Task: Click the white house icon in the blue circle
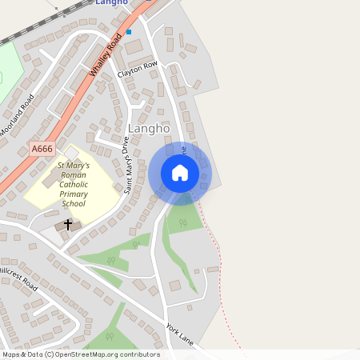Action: [x=179, y=173]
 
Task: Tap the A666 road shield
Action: [x=42, y=149]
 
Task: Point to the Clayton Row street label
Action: [x=138, y=69]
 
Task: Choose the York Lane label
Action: [x=180, y=334]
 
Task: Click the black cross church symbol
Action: [x=67, y=225]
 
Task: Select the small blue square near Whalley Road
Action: [x=129, y=33]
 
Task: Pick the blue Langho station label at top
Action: [x=112, y=3]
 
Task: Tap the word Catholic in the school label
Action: [x=73, y=184]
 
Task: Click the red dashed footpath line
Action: [x=213, y=240]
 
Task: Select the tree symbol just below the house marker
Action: [x=183, y=223]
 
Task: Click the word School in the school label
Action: [x=73, y=203]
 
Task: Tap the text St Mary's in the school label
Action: [x=73, y=165]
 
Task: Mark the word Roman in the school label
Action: [x=73, y=174]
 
